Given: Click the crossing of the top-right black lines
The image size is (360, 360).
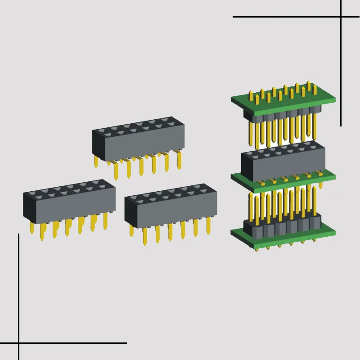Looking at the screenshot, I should (x=341, y=17).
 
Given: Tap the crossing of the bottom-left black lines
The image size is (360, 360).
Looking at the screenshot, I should (x=18, y=343).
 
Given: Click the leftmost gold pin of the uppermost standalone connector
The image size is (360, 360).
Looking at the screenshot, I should (x=96, y=162).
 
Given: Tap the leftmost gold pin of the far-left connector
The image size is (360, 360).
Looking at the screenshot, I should (x=31, y=228).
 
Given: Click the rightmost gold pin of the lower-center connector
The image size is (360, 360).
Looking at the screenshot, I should (x=208, y=225).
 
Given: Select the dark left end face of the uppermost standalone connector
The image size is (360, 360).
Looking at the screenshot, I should (x=98, y=144).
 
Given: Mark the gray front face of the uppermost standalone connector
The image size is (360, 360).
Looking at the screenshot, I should (x=144, y=144).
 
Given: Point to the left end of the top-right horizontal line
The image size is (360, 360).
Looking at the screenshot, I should (x=234, y=17).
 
